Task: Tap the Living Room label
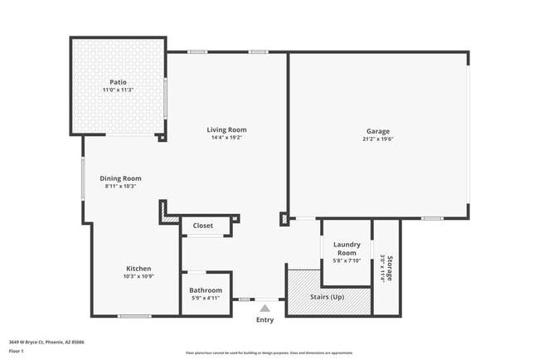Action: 226,129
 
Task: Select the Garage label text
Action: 378,131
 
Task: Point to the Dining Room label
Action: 121,178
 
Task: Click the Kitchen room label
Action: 138,268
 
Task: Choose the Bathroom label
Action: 206,290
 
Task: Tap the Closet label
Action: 203,226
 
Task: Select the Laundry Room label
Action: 346,248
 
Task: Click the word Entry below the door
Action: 265,320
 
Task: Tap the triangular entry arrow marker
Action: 265,308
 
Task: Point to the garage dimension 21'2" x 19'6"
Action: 378,139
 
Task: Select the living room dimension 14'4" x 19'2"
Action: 226,138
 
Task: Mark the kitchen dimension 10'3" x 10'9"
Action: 138,276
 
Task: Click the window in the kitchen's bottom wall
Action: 134,316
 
